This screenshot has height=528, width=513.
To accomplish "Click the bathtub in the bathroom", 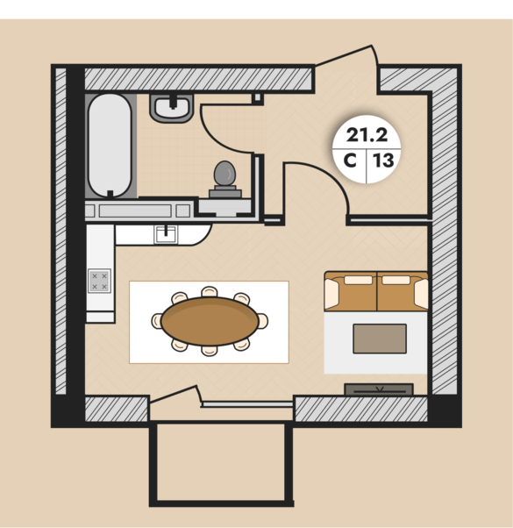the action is [110, 146].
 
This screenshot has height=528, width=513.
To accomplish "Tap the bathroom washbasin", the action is [172, 108].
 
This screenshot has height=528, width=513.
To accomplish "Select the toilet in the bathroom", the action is [225, 179].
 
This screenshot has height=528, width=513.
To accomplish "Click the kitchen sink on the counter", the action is [166, 234].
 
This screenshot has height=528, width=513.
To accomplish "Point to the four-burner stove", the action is [99, 281].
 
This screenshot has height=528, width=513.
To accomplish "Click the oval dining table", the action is [210, 321].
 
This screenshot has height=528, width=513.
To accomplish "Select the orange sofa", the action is [376, 291].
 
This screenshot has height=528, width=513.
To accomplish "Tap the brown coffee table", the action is [380, 339].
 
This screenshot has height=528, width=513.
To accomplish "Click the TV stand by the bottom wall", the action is [379, 389].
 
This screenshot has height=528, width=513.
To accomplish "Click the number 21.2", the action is [367, 135].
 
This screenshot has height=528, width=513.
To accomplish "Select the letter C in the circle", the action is [350, 161].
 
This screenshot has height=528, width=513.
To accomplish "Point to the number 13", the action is [383, 161].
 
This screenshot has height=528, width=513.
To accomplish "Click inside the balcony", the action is [221, 462].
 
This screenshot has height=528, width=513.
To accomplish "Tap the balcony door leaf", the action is [174, 394].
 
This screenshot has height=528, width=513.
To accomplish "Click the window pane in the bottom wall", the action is [247, 404].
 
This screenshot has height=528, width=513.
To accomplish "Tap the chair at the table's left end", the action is [156, 321].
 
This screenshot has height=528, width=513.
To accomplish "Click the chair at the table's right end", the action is [263, 321].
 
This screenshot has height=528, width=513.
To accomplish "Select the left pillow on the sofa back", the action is [358, 280].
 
